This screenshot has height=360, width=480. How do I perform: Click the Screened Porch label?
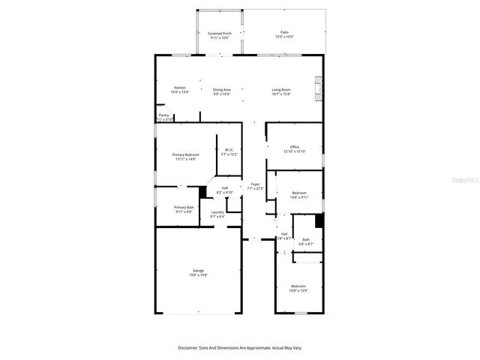[x=220, y=33]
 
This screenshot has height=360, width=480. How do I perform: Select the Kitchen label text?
[x=180, y=88]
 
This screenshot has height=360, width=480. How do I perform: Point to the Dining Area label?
[x=221, y=89]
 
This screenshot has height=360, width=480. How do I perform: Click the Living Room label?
[x=281, y=89]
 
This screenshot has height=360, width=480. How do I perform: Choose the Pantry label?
[x=163, y=115]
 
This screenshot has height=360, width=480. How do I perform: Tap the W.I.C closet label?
[x=229, y=150]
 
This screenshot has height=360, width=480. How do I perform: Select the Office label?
[x=295, y=147]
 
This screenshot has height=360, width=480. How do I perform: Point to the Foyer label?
[x=255, y=184]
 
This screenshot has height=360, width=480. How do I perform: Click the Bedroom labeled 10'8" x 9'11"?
[x=298, y=193]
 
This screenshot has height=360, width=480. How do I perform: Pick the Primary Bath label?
[x=184, y=207]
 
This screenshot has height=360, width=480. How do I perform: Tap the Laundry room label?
[x=217, y=212]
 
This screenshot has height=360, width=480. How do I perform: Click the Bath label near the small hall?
[x=305, y=239]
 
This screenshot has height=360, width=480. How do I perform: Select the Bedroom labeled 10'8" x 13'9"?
[x=298, y=286]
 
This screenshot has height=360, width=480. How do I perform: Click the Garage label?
[x=198, y=271]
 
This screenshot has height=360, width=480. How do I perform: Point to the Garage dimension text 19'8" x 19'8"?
[x=198, y=275]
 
